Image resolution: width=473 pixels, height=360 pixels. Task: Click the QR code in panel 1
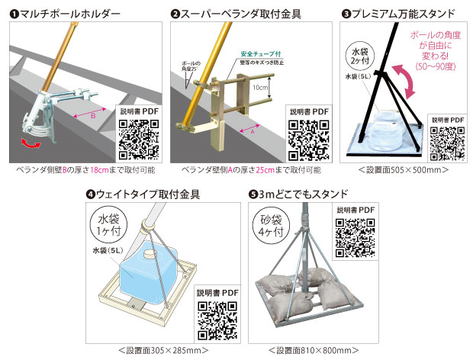coord(138,137)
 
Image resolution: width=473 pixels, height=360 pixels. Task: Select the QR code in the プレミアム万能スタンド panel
coord(446,142)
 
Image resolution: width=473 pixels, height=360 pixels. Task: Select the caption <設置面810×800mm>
coord(312,350)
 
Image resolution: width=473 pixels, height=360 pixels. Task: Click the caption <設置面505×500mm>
coord(403,169)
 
